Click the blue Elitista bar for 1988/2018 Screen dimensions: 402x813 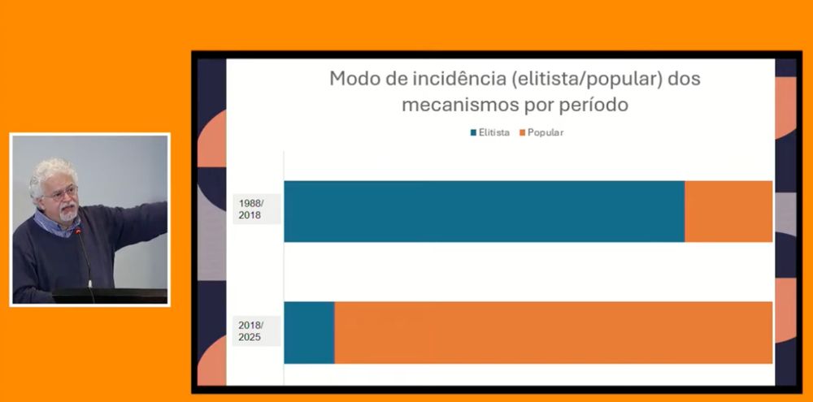[484, 211]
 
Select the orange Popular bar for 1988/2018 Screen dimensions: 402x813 [728, 211]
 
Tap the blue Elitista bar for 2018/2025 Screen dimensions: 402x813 [309, 332]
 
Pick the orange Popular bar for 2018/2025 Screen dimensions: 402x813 [553, 332]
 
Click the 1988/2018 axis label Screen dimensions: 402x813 [251, 209]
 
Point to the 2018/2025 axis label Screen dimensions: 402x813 [250, 331]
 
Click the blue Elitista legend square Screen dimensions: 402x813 [473, 132]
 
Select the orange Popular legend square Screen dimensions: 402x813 [522, 132]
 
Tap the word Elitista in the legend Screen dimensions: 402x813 [494, 132]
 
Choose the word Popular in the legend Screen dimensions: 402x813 [546, 132]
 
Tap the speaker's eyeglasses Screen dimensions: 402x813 [63, 193]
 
